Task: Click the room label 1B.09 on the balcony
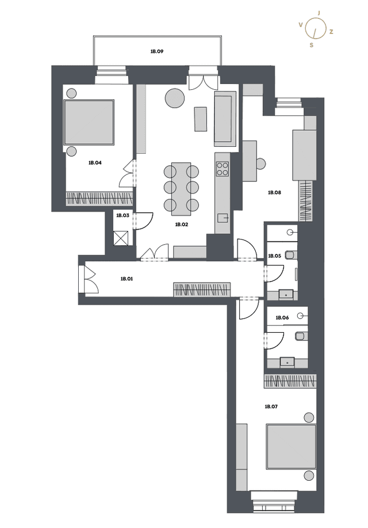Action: point(157,51)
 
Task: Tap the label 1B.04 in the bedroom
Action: point(95,162)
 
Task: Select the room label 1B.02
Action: point(181,225)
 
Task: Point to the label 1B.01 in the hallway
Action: point(127,279)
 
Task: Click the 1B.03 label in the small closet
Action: point(123,215)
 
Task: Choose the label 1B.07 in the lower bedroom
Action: point(271,407)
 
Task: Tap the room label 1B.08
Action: point(274,193)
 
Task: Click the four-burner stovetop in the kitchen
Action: point(222,169)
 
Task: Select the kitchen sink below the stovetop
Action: point(223,218)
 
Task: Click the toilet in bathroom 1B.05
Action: point(291,255)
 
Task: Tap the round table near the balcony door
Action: point(175,98)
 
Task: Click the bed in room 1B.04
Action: point(89,122)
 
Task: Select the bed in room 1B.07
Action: point(292,447)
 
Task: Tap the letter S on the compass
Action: point(312,45)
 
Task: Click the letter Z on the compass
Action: point(331,32)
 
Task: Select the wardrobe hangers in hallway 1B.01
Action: point(202,290)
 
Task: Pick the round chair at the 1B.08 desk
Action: point(261,164)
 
